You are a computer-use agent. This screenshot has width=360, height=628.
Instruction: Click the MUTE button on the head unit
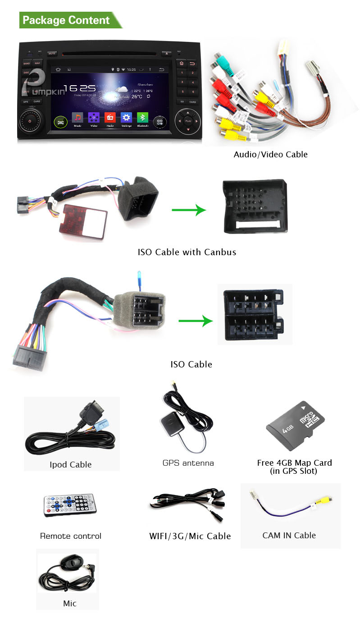point(52,54)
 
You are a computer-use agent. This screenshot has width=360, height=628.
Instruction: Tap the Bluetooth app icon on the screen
point(143,118)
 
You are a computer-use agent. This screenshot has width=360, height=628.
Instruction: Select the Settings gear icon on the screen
point(127,118)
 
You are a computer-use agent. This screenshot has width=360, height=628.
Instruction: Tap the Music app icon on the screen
point(77,118)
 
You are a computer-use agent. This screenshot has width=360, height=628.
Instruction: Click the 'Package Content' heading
point(66,20)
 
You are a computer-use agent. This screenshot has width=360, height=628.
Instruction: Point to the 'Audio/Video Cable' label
point(270,155)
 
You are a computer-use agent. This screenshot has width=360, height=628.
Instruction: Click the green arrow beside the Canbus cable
point(188,210)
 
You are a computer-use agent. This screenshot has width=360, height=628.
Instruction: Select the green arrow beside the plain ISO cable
point(195,321)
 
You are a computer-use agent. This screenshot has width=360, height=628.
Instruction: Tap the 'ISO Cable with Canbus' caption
point(187,252)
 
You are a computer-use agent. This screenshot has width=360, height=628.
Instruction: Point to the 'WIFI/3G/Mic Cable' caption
point(190,536)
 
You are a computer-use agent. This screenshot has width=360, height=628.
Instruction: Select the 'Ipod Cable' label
point(71,464)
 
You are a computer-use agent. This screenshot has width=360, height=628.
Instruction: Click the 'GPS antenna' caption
point(188,463)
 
